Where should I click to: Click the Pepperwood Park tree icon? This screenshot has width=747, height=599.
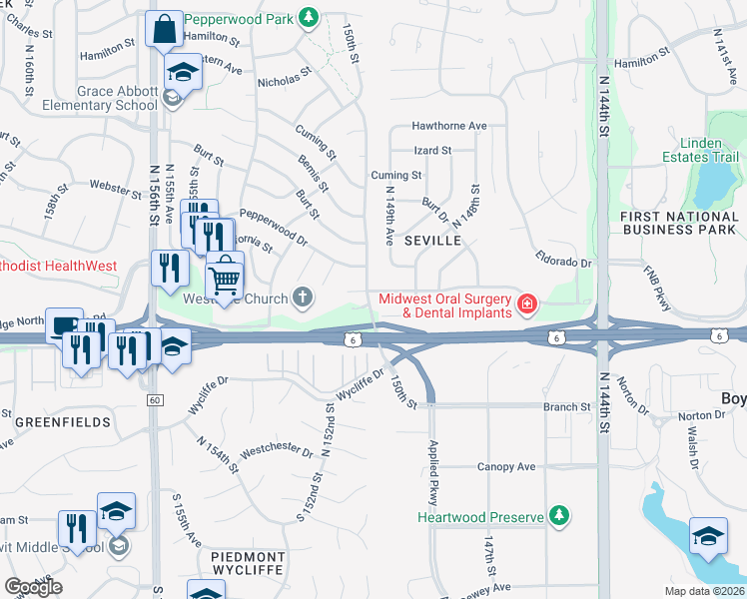point(310,17)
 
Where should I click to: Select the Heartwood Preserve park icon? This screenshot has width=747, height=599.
point(560,516)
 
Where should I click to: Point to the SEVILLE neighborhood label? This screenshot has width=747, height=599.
point(432,242)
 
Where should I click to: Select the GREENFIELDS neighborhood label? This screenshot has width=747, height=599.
point(63,422)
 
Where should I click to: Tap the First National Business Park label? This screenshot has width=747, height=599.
point(678,223)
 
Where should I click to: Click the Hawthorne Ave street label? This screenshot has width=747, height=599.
point(450,127)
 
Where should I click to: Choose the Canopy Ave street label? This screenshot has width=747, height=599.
point(506,466)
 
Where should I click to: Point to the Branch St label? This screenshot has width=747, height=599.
point(566,407)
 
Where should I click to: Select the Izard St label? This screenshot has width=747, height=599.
point(433,151)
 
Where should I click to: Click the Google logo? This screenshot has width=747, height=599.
point(34,586)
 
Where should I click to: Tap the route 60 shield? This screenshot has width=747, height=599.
point(154,399)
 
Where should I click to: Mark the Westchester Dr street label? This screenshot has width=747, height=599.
point(271,449)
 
